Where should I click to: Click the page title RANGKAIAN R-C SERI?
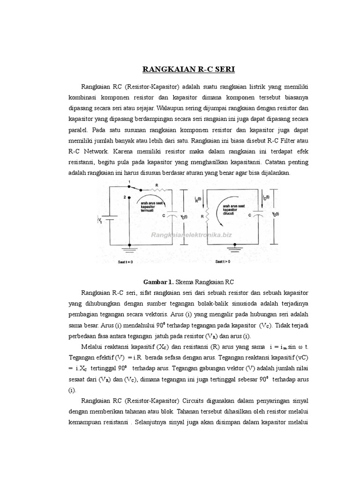coord(189,70)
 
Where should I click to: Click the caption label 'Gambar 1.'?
coord(158,282)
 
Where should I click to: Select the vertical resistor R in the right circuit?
coord(207,216)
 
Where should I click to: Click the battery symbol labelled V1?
coord(104,218)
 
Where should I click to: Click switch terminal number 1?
coord(129,181)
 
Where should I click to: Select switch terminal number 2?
coord(125,197)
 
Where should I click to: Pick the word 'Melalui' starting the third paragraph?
coord(91,346)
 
